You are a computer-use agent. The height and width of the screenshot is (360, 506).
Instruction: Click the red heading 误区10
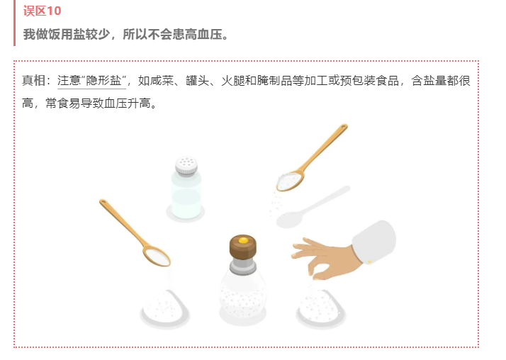click(42, 11)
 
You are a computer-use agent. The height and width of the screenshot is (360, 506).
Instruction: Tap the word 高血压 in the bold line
click(203, 34)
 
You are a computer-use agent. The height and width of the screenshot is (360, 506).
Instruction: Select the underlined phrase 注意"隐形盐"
click(91, 81)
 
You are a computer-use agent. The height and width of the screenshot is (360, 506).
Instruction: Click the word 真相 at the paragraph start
click(34, 81)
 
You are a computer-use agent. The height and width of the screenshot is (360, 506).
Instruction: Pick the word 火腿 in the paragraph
click(233, 81)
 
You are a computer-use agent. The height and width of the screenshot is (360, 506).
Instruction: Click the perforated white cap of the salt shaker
click(186, 166)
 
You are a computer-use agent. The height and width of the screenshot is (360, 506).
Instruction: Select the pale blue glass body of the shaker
click(186, 196)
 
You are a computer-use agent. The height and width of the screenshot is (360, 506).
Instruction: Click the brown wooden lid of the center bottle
click(243, 247)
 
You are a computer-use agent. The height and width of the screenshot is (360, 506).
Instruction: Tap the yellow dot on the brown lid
click(243, 240)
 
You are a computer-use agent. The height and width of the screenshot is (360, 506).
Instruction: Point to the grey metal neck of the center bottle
click(243, 265)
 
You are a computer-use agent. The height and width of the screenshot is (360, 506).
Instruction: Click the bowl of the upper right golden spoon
click(290, 181)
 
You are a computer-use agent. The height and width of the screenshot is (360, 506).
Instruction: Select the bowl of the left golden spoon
click(157, 256)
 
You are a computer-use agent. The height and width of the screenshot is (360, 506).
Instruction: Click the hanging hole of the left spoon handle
click(103, 203)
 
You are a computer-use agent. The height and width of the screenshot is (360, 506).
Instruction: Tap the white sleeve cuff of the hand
click(374, 242)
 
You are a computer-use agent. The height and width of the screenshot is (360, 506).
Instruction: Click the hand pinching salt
click(326, 258)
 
